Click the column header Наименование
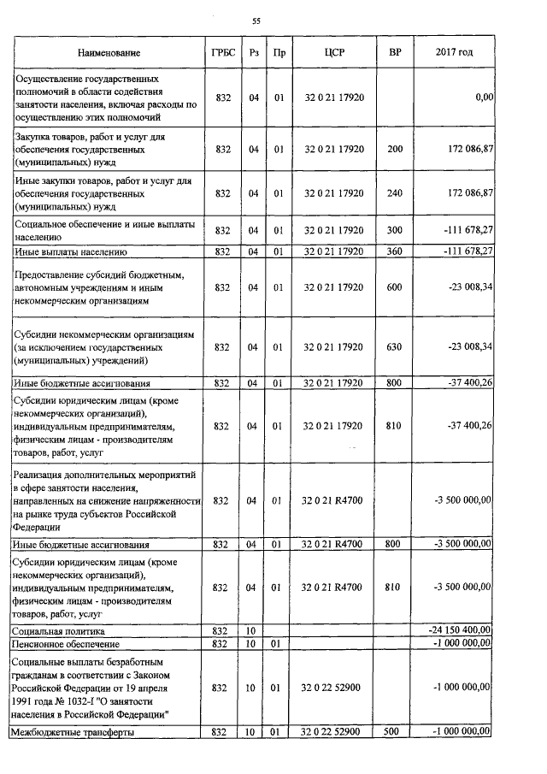(x=109, y=53)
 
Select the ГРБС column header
(x=223, y=53)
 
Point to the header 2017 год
(x=454, y=53)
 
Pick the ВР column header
(x=394, y=53)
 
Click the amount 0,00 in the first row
(x=484, y=98)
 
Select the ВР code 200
(x=394, y=149)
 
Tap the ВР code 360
(x=394, y=251)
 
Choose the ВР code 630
(x=394, y=346)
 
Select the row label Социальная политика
(x=54, y=630)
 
